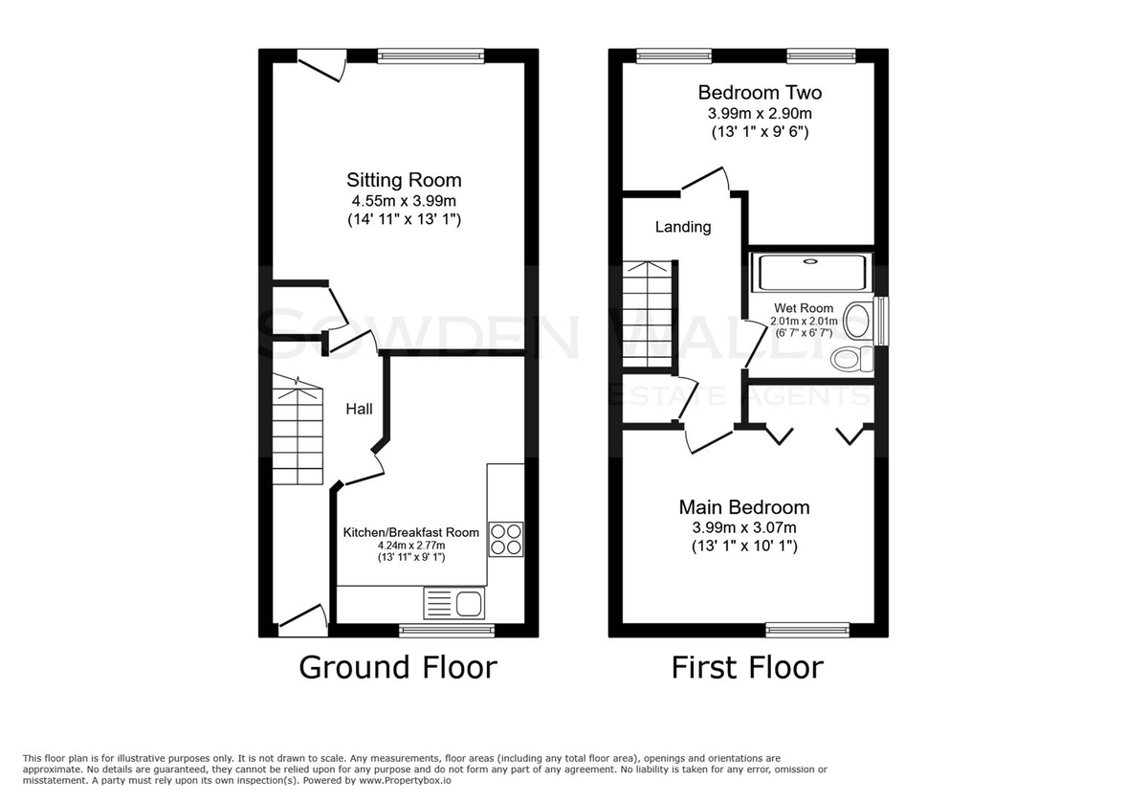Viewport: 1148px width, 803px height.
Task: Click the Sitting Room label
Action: [x=404, y=180]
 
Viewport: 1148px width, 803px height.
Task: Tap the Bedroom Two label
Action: [x=760, y=92]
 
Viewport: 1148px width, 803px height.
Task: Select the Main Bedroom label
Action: [x=744, y=507]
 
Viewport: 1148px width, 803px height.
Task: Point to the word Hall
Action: [x=359, y=409]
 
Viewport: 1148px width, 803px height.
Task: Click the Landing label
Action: [x=683, y=227]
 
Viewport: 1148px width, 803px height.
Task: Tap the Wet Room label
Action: [x=804, y=308]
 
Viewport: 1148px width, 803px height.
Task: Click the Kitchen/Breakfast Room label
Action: [x=411, y=532]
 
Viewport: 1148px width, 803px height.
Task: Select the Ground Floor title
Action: [x=398, y=668]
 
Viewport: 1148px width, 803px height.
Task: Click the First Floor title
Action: [x=747, y=668]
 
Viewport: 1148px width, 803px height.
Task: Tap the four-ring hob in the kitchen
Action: [x=506, y=539]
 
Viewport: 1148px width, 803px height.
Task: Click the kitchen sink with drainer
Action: [x=454, y=603]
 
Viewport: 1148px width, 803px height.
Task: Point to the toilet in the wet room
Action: [x=851, y=359]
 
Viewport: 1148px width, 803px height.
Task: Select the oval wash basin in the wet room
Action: [x=858, y=321]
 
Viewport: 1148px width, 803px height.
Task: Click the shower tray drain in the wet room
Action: [x=810, y=261]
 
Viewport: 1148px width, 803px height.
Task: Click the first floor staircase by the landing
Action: [x=648, y=314]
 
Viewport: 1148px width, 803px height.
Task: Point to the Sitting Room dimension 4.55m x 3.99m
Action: [x=404, y=200]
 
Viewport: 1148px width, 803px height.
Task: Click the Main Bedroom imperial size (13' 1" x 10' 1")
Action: [x=744, y=546]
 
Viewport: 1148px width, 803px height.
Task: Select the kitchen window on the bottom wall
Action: [x=447, y=630]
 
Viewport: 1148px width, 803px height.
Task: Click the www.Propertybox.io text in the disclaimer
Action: [x=405, y=780]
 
